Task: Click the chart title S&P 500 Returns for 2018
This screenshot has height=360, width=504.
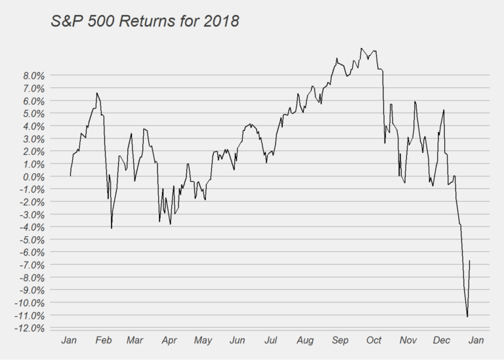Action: pos(145,21)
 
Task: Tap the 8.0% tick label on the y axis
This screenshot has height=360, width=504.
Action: pos(30,76)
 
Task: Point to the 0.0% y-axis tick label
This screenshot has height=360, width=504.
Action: pos(30,177)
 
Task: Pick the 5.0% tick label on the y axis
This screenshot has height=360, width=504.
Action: pos(30,114)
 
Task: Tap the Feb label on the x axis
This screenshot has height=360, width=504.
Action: pos(103,340)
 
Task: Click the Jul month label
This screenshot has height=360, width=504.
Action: pos(270,340)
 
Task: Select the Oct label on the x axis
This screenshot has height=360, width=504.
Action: pos(374,340)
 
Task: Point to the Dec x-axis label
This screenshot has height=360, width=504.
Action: pos(442,340)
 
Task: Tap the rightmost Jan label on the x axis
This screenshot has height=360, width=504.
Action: pos(476,340)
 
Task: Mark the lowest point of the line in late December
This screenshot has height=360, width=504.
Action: pos(467,317)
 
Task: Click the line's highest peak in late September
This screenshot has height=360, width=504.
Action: pos(361,48)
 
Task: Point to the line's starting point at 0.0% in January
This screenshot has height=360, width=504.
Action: pos(70,176)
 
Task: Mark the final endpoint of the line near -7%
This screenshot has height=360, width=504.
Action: pos(470,260)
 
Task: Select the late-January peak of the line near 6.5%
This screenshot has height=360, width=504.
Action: pos(96,93)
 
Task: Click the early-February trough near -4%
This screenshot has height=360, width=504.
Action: pos(112,228)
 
